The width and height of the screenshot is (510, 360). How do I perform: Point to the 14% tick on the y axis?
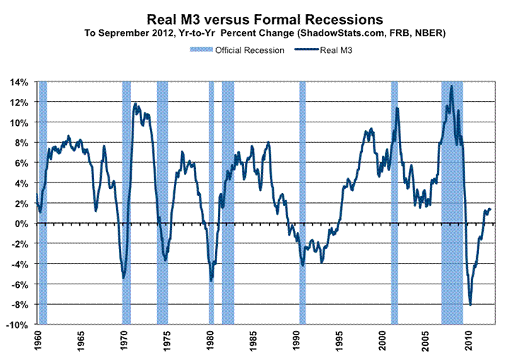pyautogui.click(x=19, y=82)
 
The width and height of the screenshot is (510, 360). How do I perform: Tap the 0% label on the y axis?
pyautogui.click(x=22, y=223)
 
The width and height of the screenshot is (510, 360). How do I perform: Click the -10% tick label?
pyautogui.click(x=17, y=325)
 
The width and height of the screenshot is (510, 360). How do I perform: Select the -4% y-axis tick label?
pyautogui.click(x=19, y=264)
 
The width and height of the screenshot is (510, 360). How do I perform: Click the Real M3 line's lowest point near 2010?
pyautogui.click(x=470, y=305)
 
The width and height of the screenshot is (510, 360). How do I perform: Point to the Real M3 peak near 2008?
pyautogui.click(x=451, y=86)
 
